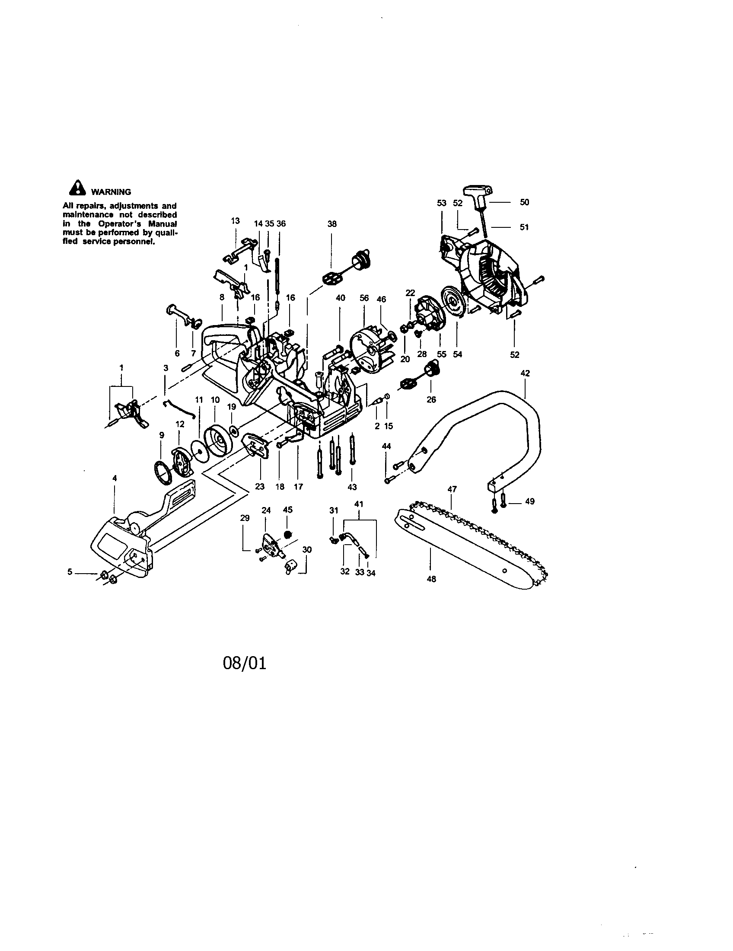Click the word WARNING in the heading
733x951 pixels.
(x=111, y=192)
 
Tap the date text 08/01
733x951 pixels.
(x=244, y=663)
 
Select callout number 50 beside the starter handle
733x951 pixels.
(x=525, y=202)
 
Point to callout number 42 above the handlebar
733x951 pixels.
(x=525, y=373)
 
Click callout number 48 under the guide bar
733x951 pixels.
(x=431, y=579)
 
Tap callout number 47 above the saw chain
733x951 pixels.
(x=452, y=489)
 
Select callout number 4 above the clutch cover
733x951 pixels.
(x=115, y=478)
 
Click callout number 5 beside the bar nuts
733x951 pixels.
(x=70, y=572)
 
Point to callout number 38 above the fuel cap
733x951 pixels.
(x=331, y=224)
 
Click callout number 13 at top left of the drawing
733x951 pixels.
(x=235, y=221)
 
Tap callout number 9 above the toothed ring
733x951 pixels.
(x=162, y=434)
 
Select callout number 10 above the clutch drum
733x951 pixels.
(x=215, y=400)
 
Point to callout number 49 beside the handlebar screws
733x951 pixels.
(x=529, y=501)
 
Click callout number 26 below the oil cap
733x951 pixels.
(x=431, y=399)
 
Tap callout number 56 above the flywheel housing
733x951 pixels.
(x=364, y=298)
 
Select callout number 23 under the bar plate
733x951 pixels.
(x=259, y=487)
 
